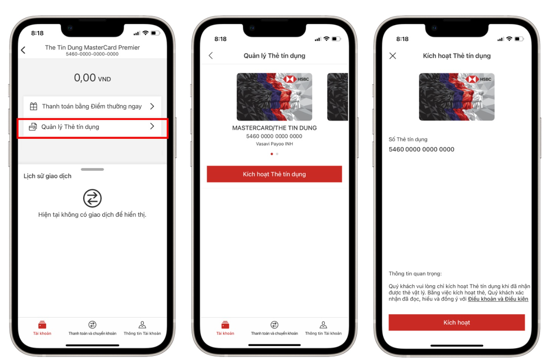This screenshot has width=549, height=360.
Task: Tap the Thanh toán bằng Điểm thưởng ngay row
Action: coord(92,107)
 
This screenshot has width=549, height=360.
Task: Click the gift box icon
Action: coord(34,107)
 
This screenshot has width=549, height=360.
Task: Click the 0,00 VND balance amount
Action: coord(92,78)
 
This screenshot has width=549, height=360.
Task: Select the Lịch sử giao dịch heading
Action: coord(48,176)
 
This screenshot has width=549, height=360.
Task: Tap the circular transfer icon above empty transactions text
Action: coord(92,198)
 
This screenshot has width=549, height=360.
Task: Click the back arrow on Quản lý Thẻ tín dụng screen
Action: coord(211,56)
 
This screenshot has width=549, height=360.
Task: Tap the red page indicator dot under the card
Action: coord(272,154)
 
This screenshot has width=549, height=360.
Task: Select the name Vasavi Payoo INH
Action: coord(274,144)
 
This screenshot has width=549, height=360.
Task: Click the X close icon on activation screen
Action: coord(393,56)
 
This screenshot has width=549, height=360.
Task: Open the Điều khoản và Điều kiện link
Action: coord(498,299)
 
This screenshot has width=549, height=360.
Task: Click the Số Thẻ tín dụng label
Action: coord(408,139)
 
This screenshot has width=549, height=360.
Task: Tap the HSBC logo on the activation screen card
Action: coord(479,79)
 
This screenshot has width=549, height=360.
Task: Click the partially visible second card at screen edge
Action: coord(338,97)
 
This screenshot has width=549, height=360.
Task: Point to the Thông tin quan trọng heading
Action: coord(415,274)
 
